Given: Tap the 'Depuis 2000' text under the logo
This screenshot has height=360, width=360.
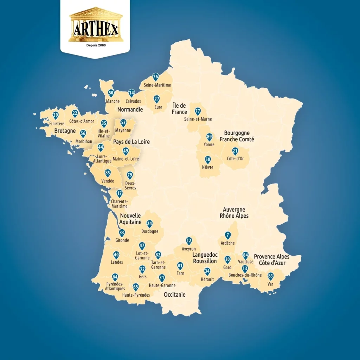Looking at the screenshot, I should pyautogui.click(x=96, y=45).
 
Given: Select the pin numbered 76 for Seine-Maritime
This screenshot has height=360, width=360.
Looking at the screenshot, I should pyautogui.click(x=155, y=77).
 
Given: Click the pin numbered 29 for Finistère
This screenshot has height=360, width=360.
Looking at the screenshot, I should pyautogui.click(x=55, y=115).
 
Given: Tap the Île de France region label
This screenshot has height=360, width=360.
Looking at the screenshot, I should pyautogui.click(x=180, y=109).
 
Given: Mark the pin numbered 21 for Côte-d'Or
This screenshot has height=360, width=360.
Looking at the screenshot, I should pyautogui.click(x=235, y=151).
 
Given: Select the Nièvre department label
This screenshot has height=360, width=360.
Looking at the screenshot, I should pyautogui.click(x=208, y=167).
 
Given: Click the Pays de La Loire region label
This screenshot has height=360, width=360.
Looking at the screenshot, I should pyautogui.click(x=131, y=142).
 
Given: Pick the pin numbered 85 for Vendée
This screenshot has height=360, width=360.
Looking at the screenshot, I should pyautogui.click(x=108, y=173).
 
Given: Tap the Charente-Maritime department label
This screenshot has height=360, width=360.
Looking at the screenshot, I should pyautogui.click(x=119, y=204).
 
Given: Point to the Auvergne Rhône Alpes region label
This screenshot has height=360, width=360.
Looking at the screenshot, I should pyautogui.click(x=234, y=213).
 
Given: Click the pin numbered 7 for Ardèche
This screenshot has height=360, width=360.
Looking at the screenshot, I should pyautogui.click(x=228, y=236).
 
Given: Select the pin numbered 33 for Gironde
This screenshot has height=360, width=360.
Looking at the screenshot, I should pyautogui.click(x=122, y=233).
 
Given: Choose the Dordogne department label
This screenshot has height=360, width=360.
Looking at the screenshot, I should pyautogui.click(x=149, y=231).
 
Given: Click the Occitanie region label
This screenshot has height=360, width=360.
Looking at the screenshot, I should pyautogui.click(x=174, y=295).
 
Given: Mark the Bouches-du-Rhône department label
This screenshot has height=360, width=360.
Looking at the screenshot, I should pyautogui.click(x=245, y=275).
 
